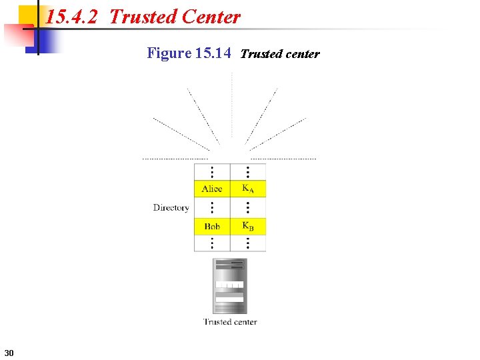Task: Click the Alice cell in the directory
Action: tap(212, 189)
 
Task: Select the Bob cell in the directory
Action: tap(212, 227)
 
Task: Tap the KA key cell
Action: tap(247, 189)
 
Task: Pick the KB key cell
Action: tap(247, 227)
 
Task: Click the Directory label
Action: tap(171, 208)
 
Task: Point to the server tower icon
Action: tap(229, 286)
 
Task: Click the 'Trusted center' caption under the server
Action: tap(229, 322)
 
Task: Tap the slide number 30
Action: tap(9, 352)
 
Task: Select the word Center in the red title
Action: tap(209, 17)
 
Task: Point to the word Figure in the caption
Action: tap(169, 53)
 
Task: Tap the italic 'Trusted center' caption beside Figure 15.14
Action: tap(279, 54)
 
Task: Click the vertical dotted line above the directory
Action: tap(231, 113)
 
